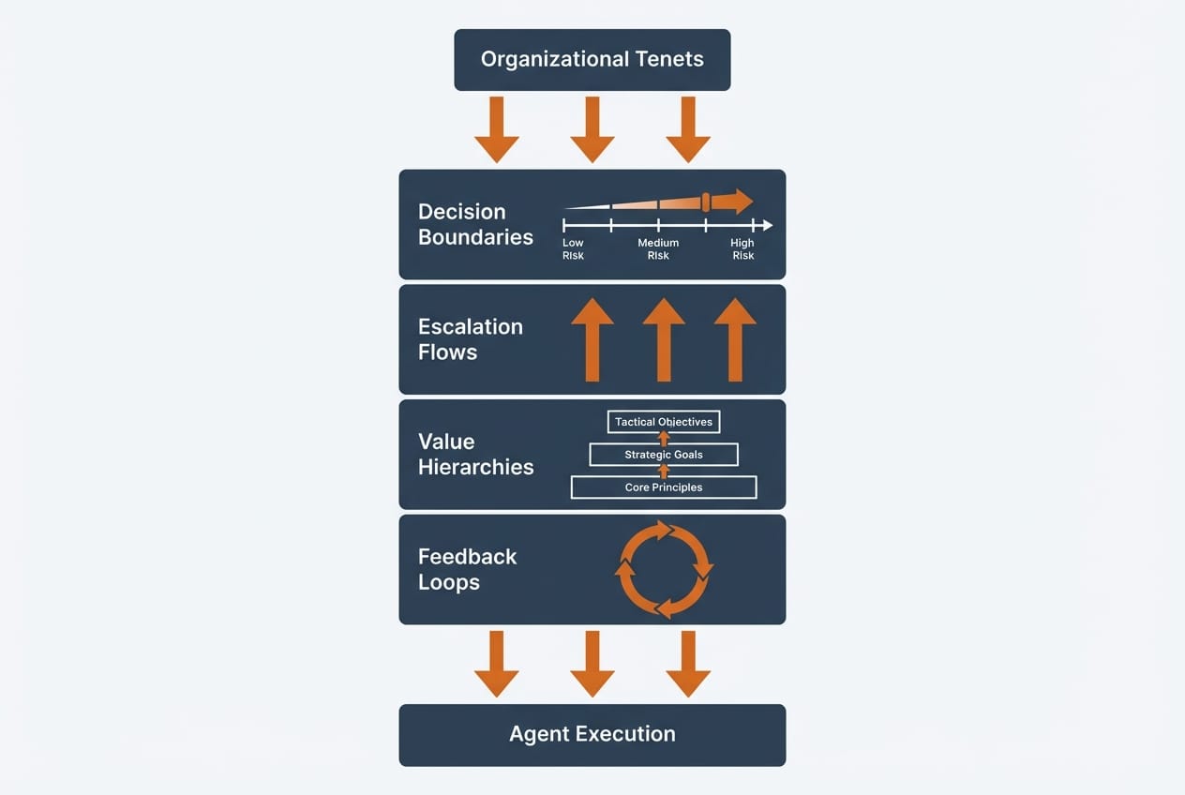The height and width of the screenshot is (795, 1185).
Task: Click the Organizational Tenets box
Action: tap(592, 60)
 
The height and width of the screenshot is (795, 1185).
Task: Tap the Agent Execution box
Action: tap(592, 734)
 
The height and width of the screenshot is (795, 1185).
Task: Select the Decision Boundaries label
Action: tap(475, 224)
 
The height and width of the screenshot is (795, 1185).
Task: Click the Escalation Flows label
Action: tap(470, 339)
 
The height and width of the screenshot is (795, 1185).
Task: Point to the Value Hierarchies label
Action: tap(475, 455)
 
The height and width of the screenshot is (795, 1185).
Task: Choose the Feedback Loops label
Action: tap(467, 569)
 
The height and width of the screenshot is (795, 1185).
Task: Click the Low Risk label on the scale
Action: tap(573, 249)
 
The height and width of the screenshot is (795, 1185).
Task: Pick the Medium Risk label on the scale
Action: tap(658, 249)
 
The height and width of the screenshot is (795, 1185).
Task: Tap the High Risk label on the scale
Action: tap(742, 249)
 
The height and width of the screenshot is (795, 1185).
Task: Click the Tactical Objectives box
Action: tap(664, 422)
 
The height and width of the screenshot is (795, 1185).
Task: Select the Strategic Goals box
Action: tap(664, 455)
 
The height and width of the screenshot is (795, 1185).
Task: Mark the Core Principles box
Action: tap(664, 487)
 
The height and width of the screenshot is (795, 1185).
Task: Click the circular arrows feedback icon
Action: tap(664, 569)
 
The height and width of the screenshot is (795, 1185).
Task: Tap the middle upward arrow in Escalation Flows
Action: tap(664, 339)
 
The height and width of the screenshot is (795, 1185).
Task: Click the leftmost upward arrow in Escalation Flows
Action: tap(592, 339)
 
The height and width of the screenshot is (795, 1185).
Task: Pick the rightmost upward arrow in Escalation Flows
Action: tap(735, 339)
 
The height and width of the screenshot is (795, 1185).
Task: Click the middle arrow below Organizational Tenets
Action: tap(592, 128)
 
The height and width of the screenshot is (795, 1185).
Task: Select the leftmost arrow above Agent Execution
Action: tap(497, 663)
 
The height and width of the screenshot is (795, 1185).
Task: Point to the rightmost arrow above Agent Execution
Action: tap(688, 663)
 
